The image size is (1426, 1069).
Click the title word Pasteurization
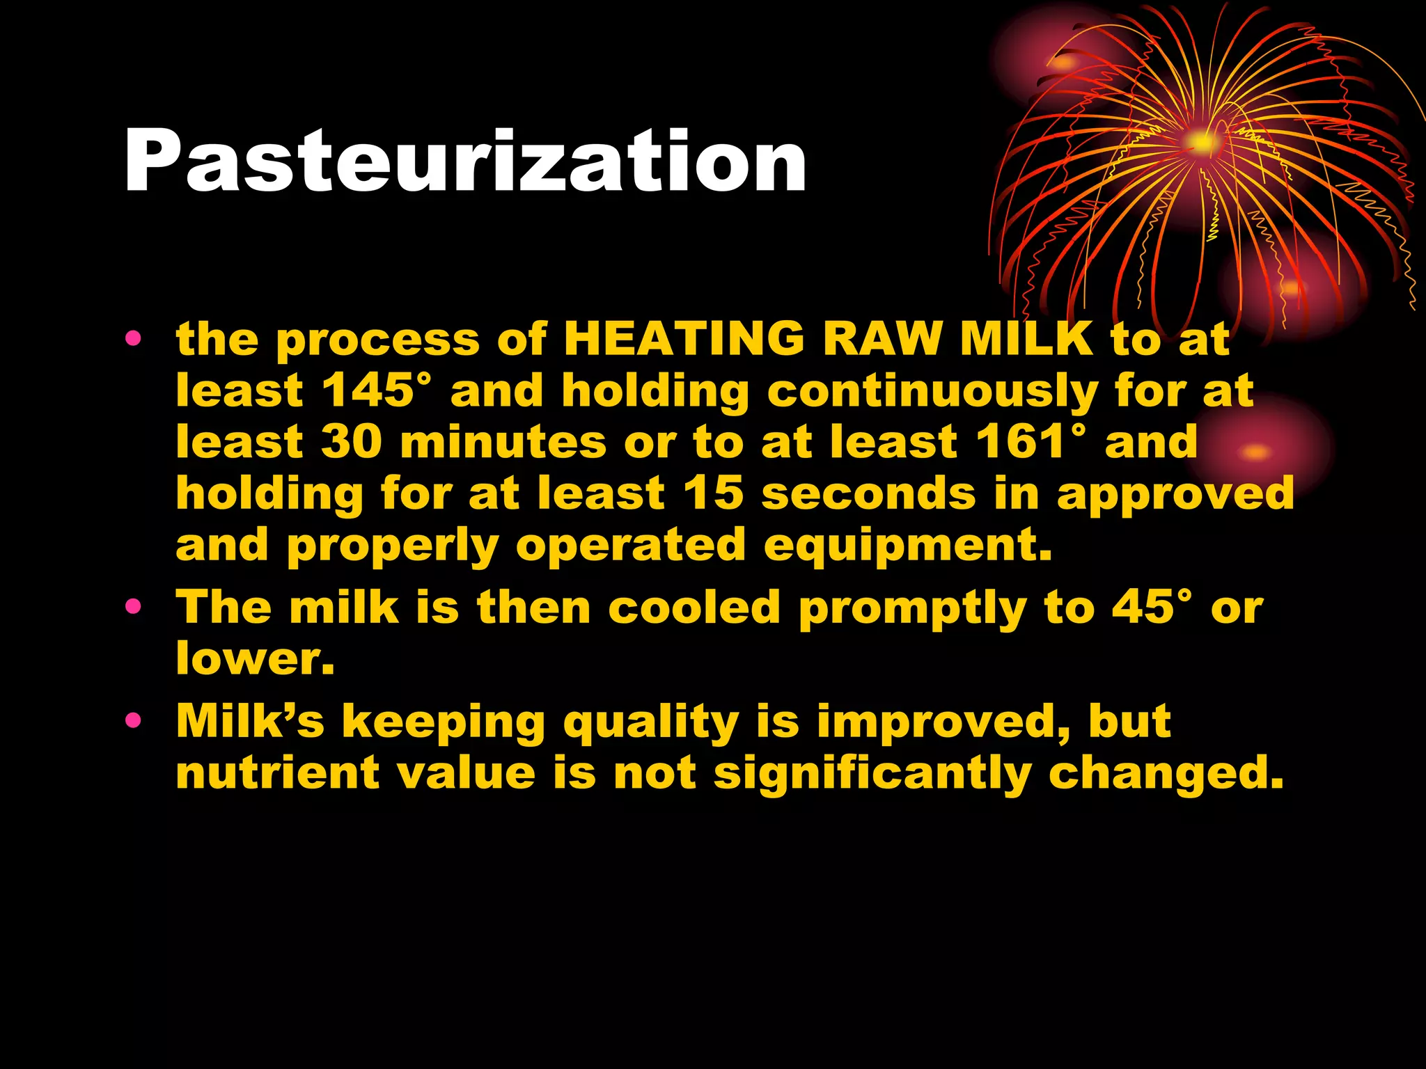(x=465, y=161)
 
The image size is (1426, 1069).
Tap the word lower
(x=255, y=658)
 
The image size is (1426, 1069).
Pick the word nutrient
(x=278, y=773)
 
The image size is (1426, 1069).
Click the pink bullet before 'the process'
(x=134, y=340)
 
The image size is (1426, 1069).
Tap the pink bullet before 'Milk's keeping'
(x=134, y=721)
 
